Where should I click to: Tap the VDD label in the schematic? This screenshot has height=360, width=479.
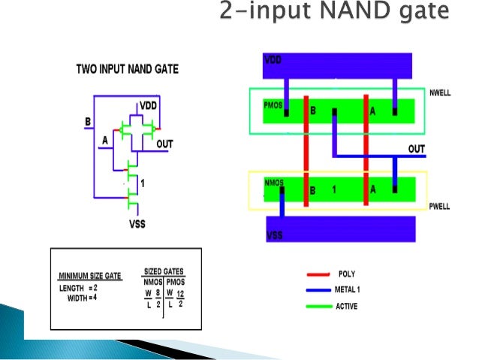[148, 105]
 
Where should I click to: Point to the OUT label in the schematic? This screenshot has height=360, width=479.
[165, 141]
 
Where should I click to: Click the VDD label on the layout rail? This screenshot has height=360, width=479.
[274, 59]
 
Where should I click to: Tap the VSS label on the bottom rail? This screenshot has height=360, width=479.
[276, 237]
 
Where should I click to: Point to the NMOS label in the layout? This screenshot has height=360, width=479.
[274, 182]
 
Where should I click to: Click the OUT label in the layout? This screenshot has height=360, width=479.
[417, 149]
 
